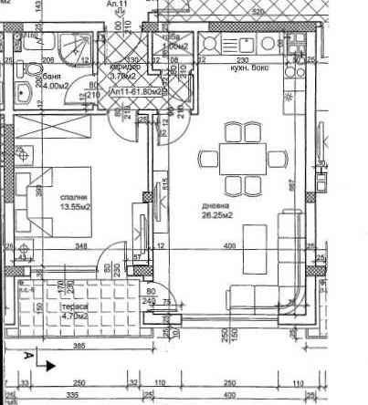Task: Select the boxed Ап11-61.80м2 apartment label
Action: tap(136, 92)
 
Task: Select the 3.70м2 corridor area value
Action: tap(125, 77)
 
